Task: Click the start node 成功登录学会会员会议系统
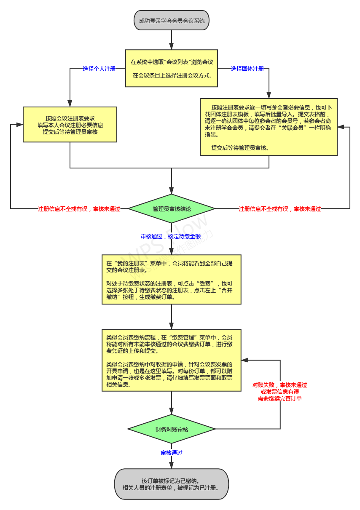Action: pos(172,20)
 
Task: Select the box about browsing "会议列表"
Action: pos(172,68)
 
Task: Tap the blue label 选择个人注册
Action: pos(99,69)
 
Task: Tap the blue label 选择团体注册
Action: pos(247,69)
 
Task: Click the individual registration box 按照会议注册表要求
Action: pos(70,124)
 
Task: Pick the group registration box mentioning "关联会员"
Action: pos(269,126)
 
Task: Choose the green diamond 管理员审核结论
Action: pos(172,208)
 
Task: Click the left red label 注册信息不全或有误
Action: pos(79,208)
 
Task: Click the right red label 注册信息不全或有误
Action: pos(280,208)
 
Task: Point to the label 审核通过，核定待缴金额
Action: pos(171,236)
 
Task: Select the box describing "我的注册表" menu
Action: pos(172,279)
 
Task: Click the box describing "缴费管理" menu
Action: pos(172,360)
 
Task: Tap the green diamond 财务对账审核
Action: pos(172,429)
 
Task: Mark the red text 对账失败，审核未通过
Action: pos(280,385)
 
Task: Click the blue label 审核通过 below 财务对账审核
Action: pos(172,453)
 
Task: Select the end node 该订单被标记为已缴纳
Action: pos(172,484)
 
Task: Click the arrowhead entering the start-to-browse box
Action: pos(172,46)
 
